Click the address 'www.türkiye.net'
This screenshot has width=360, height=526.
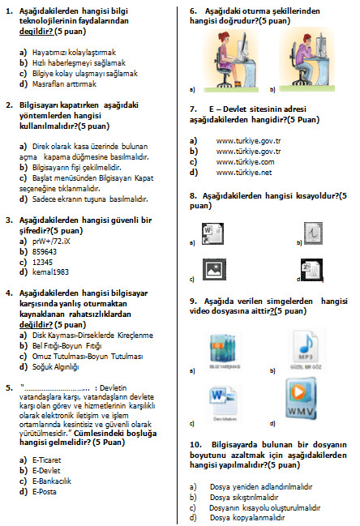(244, 172)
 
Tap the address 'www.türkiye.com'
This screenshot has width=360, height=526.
(245, 161)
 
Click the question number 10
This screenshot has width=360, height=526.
(195, 444)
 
